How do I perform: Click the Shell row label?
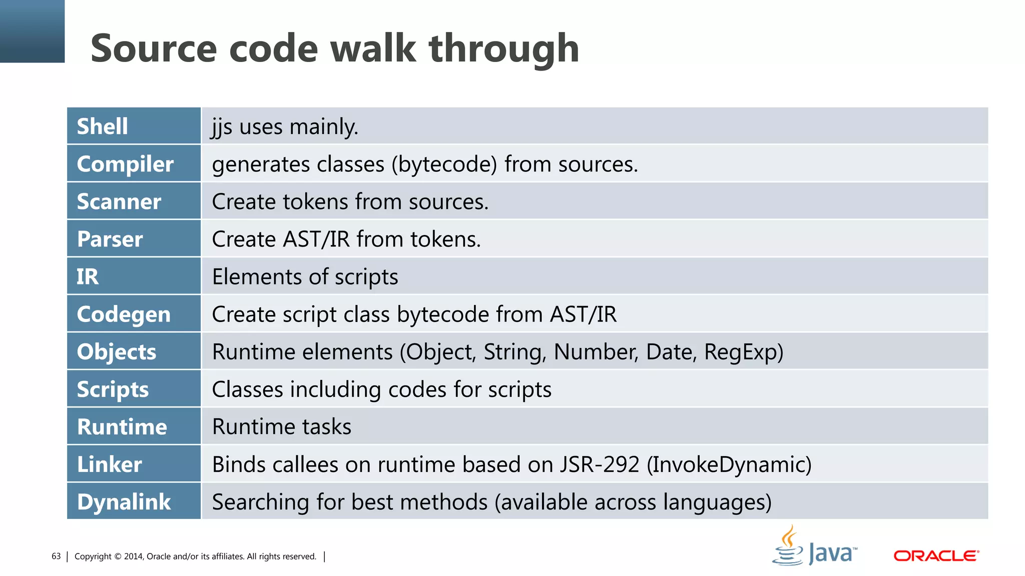[x=103, y=126]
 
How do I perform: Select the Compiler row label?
[x=125, y=164]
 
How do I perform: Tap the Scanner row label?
[x=119, y=201]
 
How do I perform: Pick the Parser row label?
[x=110, y=239]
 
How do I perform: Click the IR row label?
[x=88, y=276]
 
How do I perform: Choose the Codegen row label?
[x=124, y=314]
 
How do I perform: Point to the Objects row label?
[x=117, y=352]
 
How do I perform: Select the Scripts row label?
[x=113, y=389]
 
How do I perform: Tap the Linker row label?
[x=110, y=464]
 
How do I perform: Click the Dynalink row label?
[x=124, y=502]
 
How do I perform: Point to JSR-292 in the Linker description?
[x=600, y=464]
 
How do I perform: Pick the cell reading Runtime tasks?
[x=282, y=427]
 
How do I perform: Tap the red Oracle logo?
[x=936, y=555]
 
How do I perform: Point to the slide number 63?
[x=56, y=556]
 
